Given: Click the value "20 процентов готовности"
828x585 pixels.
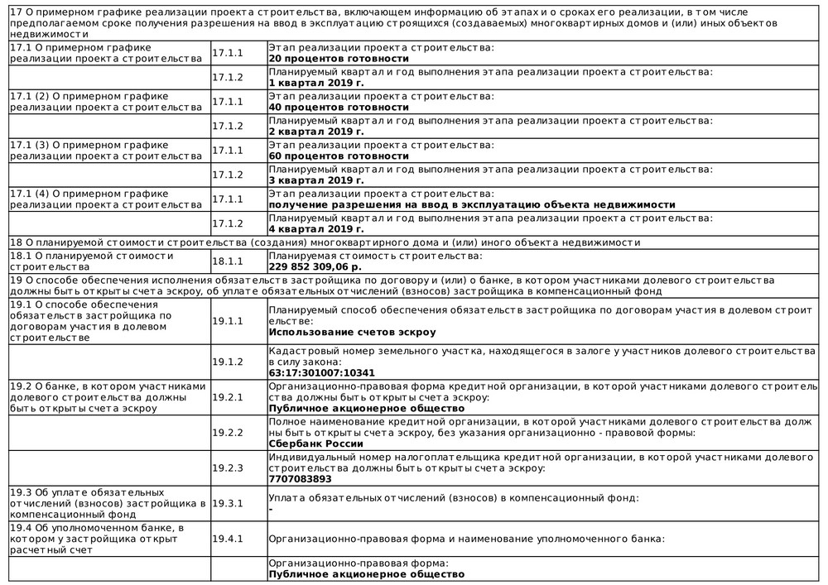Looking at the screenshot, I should pos(339,60).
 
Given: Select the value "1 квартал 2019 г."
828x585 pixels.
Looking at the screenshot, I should pos(317,84).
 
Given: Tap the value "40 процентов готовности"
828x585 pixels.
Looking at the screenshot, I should pos(339,108).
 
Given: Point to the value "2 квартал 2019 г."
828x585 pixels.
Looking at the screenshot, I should pos(317,132).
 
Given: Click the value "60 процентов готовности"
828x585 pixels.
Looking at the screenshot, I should pos(339,156).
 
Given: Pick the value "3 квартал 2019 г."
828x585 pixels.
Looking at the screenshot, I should pos(317,180).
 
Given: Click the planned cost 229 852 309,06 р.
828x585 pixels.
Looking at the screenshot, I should pos(315,267).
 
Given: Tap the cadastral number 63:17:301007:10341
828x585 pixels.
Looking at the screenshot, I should pos(322,373).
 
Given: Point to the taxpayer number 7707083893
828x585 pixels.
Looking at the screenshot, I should pos(300,478).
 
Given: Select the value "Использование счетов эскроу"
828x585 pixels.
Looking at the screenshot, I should pos(352,333).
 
